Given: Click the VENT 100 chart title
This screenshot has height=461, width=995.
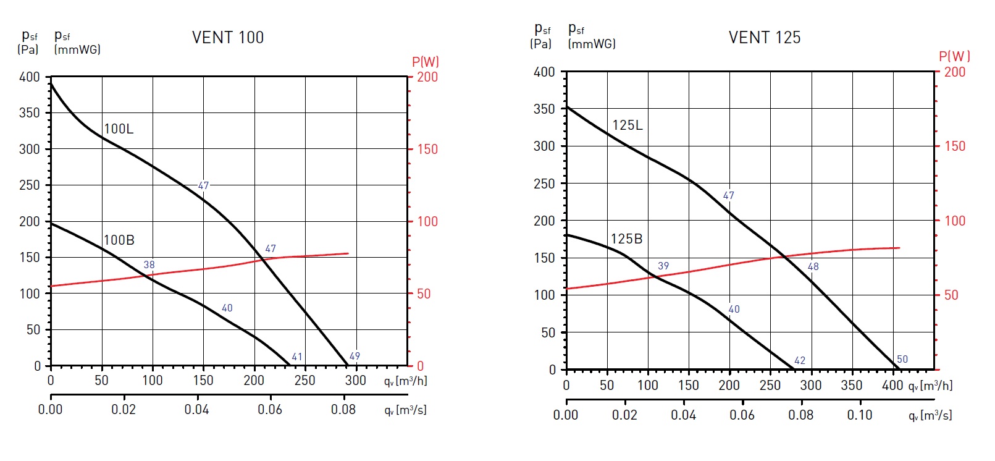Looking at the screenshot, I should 228,38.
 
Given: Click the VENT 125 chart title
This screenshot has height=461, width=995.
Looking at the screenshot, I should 764,38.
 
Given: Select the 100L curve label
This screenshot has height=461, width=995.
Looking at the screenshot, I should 119,129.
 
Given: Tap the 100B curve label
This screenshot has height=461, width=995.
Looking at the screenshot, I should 119,240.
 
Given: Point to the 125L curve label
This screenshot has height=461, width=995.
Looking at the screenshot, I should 628,125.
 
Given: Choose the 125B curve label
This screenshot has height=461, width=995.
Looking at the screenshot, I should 626,239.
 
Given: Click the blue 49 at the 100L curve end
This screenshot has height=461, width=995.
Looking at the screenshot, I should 355,356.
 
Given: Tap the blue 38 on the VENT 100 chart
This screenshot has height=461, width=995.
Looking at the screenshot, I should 149,264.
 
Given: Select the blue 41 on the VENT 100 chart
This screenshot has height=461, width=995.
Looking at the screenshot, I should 297,357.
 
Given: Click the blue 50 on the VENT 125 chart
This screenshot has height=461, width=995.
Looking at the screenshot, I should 902,359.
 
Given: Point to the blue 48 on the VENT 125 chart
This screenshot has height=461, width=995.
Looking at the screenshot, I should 813,266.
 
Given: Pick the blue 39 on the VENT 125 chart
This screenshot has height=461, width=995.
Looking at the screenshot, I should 663,266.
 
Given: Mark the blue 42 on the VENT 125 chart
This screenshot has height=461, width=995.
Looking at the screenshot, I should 800,360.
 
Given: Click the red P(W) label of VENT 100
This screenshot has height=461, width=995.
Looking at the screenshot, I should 426,62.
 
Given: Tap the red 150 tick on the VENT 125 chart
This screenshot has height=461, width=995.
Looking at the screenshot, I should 954,146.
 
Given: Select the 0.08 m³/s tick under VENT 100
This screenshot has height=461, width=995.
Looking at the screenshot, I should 343,410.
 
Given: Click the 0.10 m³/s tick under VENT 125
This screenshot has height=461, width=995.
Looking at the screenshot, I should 859,415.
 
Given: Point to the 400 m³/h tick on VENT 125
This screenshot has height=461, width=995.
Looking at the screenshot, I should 892,386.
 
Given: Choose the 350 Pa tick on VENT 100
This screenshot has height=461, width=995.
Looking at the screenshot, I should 29,113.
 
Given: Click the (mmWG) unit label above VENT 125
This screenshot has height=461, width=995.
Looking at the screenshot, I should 592,44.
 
